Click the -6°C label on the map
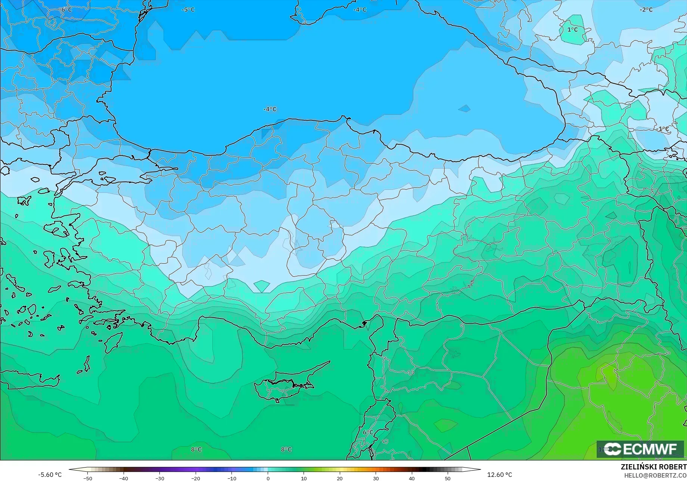pyautogui.click(x=66, y=9)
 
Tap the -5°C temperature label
pyautogui.click(x=188, y=9)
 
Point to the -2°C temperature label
pyautogui.click(x=646, y=9)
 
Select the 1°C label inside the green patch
pyautogui.click(x=572, y=30)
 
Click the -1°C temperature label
pyautogui.click(x=663, y=129)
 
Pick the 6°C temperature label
pyautogui.click(x=368, y=432)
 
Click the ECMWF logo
pyautogui.click(x=640, y=449)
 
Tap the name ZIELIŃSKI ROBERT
pyautogui.click(x=653, y=467)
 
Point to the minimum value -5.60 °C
pyautogui.click(x=50, y=475)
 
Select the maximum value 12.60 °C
pyautogui.click(x=500, y=475)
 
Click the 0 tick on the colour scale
pyautogui.click(x=268, y=478)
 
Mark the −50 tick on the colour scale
pyautogui.click(x=87, y=478)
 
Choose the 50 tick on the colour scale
pyautogui.click(x=447, y=478)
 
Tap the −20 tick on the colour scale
pyautogui.click(x=196, y=478)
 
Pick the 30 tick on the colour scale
pyautogui.click(x=376, y=478)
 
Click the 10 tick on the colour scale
pyautogui.click(x=304, y=478)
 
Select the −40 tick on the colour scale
pyautogui.click(x=124, y=478)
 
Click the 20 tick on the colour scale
pyautogui.click(x=339, y=478)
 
